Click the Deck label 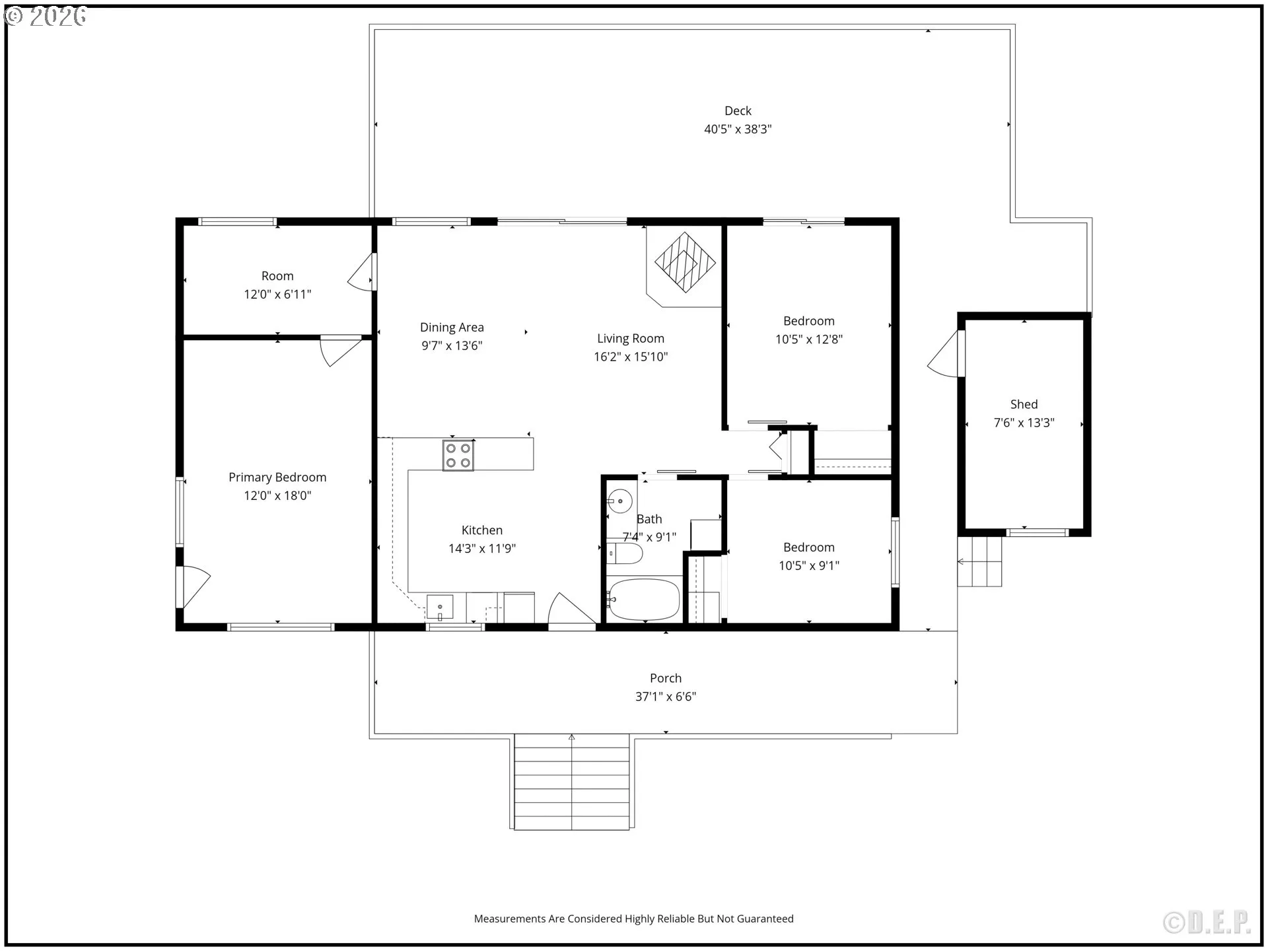pos(738,111)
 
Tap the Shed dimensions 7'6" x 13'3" pos(1024,423)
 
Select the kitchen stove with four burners pos(458,455)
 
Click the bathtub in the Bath pos(644,600)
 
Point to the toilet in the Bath pos(624,553)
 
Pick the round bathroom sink pos(619,501)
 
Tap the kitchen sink pos(440,607)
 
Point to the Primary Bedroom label pos(277,477)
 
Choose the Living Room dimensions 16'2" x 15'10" pos(631,357)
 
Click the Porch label pos(666,678)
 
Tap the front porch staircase pos(572,781)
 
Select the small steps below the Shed pos(980,561)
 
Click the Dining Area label pos(452,328)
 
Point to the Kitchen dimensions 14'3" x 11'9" pos(482,548)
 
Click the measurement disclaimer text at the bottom pos(634,919)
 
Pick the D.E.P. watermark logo pos(1207,923)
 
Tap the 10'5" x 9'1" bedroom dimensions pos(809,565)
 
